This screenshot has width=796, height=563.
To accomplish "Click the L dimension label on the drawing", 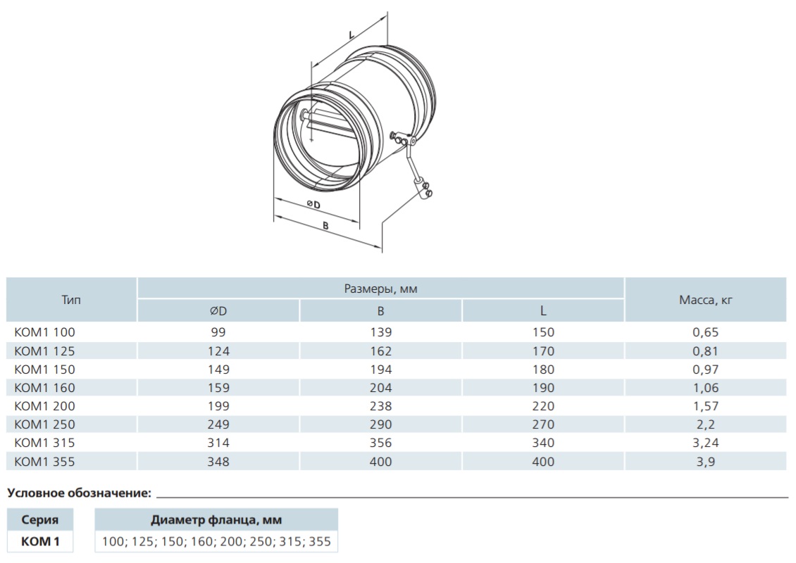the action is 352,35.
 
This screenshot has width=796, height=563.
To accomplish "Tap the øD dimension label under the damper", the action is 313,204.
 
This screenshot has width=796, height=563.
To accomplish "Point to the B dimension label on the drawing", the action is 326,226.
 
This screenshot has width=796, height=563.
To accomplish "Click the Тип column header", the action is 71,300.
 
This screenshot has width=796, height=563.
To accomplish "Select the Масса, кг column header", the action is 706,301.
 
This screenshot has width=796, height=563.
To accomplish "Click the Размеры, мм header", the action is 380,289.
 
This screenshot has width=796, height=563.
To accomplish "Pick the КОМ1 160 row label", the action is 44,388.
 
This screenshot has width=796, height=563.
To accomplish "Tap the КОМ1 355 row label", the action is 44,462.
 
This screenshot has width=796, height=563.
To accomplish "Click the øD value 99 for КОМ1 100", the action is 218,332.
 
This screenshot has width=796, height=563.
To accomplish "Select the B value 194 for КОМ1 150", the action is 380,369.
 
